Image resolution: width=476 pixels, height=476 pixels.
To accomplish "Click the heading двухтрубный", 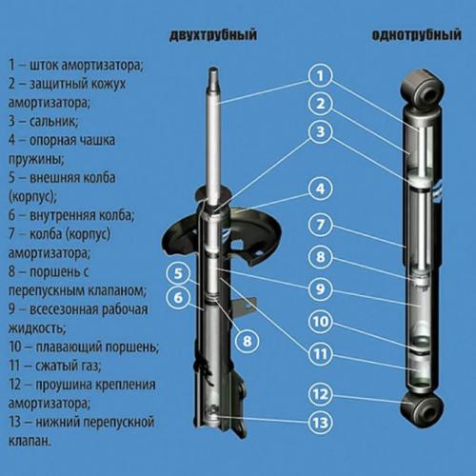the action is point(213,35).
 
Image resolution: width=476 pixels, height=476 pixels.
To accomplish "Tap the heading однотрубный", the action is point(416,35).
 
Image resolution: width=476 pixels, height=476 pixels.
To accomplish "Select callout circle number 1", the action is point(320,76).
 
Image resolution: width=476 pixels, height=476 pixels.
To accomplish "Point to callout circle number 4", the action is point(320,188).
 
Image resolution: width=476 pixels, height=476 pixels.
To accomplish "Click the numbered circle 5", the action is point(178,273).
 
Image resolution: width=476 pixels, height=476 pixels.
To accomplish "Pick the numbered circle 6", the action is point(178,298).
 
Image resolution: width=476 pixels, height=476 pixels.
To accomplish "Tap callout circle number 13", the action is point(320,423).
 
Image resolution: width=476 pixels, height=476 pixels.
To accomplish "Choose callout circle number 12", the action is point(320,394).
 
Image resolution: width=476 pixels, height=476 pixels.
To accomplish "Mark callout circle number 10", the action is point(320,322).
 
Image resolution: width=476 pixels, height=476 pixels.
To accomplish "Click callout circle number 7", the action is point(320,225).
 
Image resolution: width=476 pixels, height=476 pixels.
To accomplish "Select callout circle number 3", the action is point(320,131).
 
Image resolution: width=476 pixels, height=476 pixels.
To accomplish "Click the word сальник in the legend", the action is point(53,121).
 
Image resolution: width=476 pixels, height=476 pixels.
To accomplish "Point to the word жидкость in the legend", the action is point(37,328).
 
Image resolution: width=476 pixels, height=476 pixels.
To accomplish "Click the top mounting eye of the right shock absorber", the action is point(423,89).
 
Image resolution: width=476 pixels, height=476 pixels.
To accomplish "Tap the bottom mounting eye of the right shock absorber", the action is point(422,409).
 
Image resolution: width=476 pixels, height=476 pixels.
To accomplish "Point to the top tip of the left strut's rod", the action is point(213,69).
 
